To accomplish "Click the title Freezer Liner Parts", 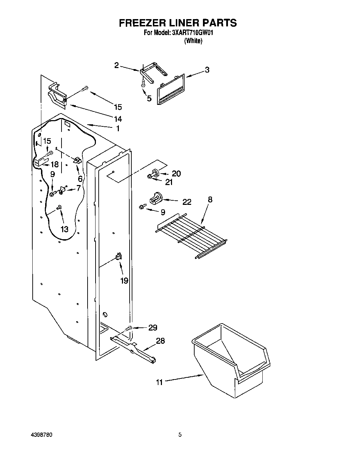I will [178, 23].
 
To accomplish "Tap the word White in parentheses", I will [193, 41].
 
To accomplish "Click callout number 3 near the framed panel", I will [207, 70].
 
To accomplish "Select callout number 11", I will [159, 382].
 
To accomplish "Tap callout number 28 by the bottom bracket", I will [160, 341].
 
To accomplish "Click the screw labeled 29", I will [129, 328].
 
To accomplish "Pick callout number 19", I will [124, 281].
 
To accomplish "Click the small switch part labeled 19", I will [118, 257].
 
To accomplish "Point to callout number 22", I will [187, 202].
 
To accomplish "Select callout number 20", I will [176, 174].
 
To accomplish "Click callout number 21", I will [169, 182].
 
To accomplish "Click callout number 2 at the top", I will [116, 65].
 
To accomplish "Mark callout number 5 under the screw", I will [149, 99].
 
